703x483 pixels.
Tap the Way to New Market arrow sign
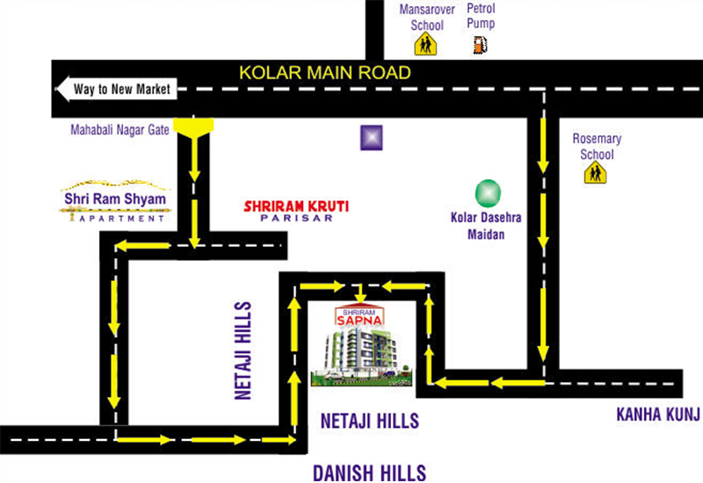(x=116, y=89)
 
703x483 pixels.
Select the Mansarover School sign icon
(x=426, y=45)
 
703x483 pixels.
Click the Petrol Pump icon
(x=479, y=44)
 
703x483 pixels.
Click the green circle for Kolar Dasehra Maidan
(x=487, y=192)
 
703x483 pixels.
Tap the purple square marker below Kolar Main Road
(x=372, y=138)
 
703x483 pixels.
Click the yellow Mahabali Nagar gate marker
(x=193, y=126)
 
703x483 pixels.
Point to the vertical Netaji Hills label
(x=243, y=351)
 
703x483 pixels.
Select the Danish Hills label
(x=369, y=472)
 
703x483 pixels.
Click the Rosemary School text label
(x=597, y=147)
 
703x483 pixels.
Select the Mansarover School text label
(x=427, y=16)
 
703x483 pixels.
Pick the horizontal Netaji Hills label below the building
(x=369, y=420)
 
